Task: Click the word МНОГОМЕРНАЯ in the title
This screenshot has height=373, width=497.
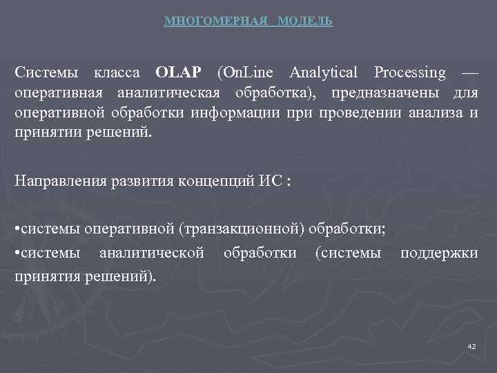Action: pos(215,21)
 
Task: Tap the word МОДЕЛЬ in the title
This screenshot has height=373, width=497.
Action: pos(305,21)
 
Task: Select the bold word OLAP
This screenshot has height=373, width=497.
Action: pos(179,73)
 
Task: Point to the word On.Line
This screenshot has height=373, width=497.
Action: pos(246,73)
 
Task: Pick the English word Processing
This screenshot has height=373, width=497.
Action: pos(410,73)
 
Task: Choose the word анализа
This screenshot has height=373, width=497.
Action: pos(433,113)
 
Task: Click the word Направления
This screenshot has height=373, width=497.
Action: pos(59,181)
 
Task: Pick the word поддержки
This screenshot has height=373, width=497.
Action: pos(439,254)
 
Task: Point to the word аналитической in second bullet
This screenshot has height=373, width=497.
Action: pos(151,254)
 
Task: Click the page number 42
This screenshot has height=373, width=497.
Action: pos(471,345)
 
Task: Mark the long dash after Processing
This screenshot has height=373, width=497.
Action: pos(469,73)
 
